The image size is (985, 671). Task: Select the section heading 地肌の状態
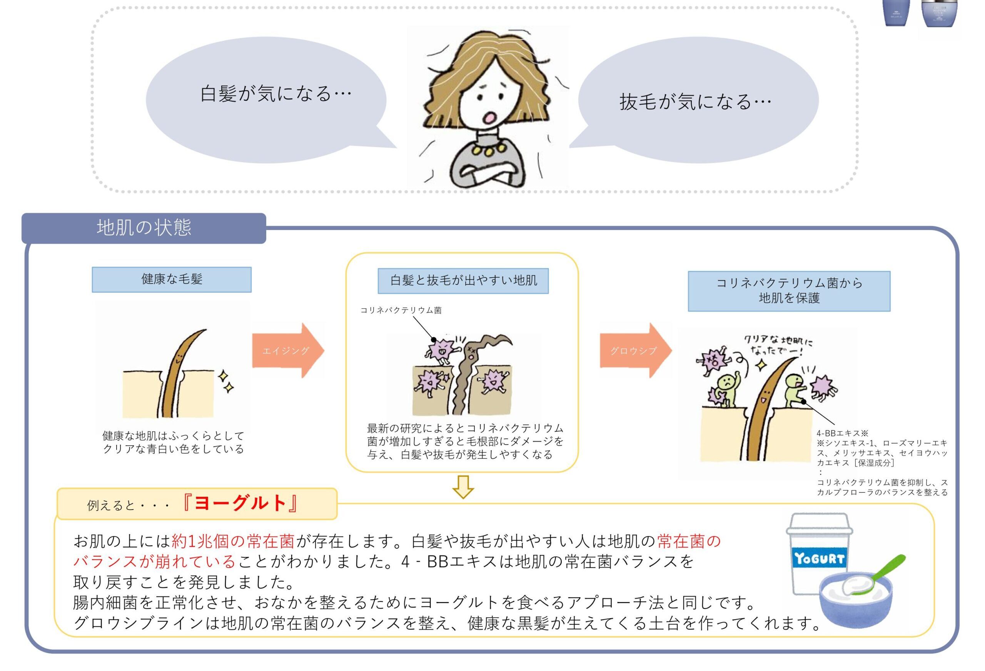coord(144,228)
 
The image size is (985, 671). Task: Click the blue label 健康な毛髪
coord(172,279)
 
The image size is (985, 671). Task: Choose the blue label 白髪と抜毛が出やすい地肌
coord(463,280)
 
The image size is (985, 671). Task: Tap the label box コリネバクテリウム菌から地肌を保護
coord(789,291)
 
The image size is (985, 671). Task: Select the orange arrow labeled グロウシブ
coord(636,350)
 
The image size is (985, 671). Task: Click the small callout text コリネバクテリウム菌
coord(401,310)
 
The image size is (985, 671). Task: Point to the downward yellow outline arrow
coord(463,487)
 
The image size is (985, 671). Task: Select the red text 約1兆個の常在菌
coord(233,541)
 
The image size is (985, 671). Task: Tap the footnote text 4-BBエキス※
coord(843,433)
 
